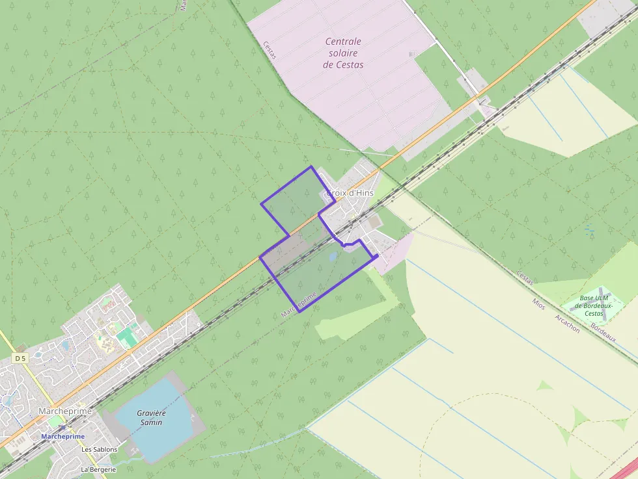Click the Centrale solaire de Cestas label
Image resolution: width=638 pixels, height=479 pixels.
coord(343,53)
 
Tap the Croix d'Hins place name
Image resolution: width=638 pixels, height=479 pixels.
coord(348,193)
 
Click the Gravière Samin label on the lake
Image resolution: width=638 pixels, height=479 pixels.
coord(151,417)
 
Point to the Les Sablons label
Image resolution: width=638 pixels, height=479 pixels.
coord(99,450)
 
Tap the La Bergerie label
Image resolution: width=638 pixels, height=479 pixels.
coord(98,469)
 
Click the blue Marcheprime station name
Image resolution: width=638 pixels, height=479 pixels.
coord(63,437)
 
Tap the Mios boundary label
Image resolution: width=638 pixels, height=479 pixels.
coord(538,304)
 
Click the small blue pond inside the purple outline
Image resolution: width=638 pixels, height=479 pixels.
coord(333,257)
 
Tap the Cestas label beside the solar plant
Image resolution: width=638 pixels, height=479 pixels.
coord(270,50)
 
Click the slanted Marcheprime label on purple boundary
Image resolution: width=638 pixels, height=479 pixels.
coord(299,304)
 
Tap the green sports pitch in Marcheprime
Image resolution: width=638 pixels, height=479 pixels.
coord(127,336)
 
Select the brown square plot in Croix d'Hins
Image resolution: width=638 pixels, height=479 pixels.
coord(374,223)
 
